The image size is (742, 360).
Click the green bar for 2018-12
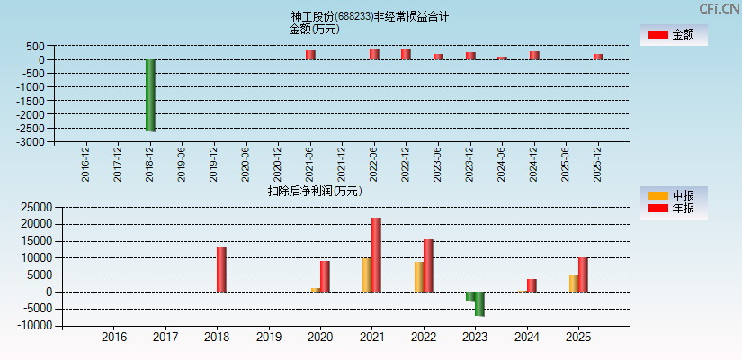pyautogui.click(x=150, y=95)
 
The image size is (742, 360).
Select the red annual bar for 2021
pyautogui.click(x=376, y=255)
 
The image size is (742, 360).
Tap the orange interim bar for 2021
pyautogui.click(x=367, y=274)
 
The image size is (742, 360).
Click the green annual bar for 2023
pyautogui.click(x=479, y=303)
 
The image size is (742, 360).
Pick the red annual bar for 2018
pyautogui.click(x=221, y=269)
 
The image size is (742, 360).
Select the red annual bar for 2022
pyautogui.click(x=428, y=265)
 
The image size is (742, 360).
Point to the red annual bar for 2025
pyautogui.click(x=583, y=274)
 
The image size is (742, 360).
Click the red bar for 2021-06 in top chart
pyautogui.click(x=310, y=55)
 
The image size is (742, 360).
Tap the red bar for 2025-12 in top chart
pyautogui.click(x=598, y=57)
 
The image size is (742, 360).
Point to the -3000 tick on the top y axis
pyautogui.click(x=31, y=142)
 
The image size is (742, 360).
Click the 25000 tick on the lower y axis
pyautogui.click(x=38, y=207)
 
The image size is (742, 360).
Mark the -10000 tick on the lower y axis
pyautogui.click(x=36, y=326)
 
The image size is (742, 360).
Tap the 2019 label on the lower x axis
pyautogui.click(x=269, y=337)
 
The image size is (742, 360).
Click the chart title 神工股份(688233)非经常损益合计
pyautogui.click(x=370, y=16)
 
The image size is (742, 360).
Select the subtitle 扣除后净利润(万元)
pyautogui.click(x=315, y=191)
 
